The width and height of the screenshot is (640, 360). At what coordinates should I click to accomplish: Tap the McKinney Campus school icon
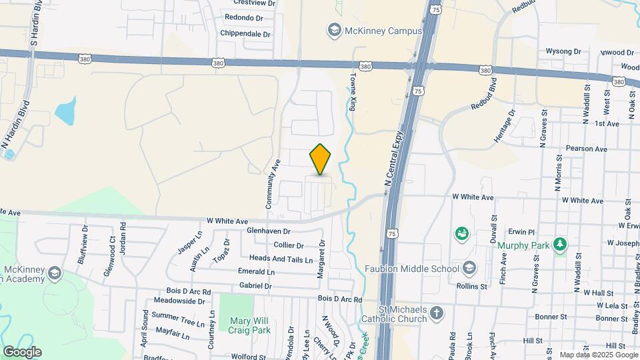(332, 30)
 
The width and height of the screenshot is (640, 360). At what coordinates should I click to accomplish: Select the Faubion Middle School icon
(470, 268)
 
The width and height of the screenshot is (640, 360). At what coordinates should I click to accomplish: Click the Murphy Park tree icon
(560, 245)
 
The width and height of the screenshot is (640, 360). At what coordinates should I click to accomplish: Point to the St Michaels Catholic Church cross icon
(436, 313)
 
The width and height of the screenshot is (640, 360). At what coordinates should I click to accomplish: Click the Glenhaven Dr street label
(251, 231)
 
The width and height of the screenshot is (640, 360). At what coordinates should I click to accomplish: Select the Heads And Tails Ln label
(281, 258)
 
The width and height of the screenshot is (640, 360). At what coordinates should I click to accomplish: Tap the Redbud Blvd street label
(484, 95)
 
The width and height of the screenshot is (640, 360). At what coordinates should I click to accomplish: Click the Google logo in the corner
(22, 351)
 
